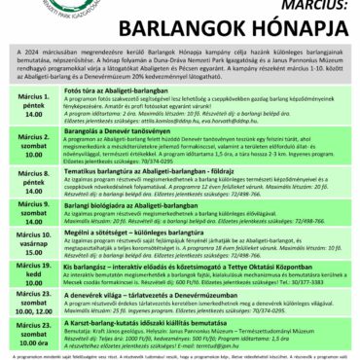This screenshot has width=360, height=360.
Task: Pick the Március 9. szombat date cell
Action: [x=31, y=208]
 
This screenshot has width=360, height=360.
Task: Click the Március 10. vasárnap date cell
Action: [x=31, y=241]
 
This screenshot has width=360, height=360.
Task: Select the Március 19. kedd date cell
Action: [x=31, y=272]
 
